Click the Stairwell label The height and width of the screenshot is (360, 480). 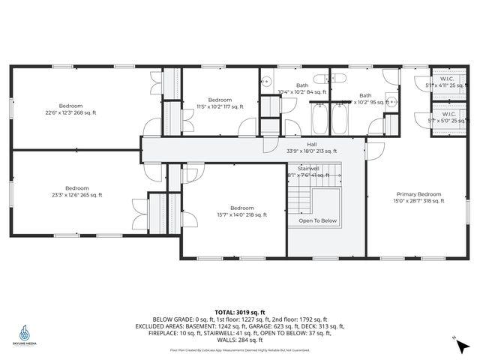(308, 169)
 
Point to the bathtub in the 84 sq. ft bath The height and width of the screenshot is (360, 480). (319, 118)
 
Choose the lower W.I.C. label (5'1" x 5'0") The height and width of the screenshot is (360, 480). (448, 115)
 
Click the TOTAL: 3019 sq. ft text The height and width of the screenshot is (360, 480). (239, 312)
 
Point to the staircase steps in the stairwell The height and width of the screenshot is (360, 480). (300, 199)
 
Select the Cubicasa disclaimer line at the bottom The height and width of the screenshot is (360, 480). (239, 350)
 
